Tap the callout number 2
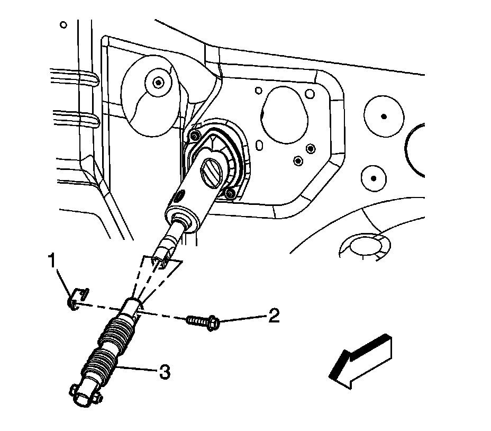click(x=274, y=316)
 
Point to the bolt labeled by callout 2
click(x=202, y=321)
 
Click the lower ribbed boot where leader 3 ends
click(x=100, y=366)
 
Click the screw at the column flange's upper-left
click(x=194, y=136)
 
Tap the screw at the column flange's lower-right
click(x=229, y=194)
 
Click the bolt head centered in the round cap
click(x=158, y=82)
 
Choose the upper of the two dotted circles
click(x=384, y=116)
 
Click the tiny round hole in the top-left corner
click(x=64, y=25)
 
